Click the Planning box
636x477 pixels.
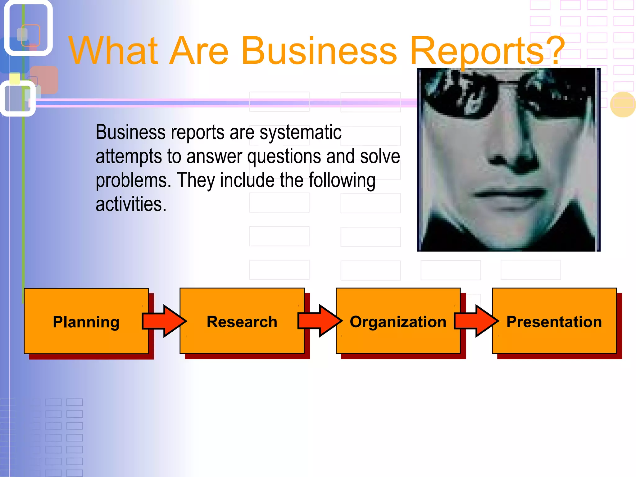click(86, 321)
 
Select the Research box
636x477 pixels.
click(242, 321)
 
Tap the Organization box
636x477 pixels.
click(398, 321)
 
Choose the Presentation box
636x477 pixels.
click(554, 321)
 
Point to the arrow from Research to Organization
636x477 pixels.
click(320, 321)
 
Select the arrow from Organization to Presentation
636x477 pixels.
click(476, 321)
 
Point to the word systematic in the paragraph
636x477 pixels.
click(300, 133)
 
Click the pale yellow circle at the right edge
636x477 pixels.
click(623, 104)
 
